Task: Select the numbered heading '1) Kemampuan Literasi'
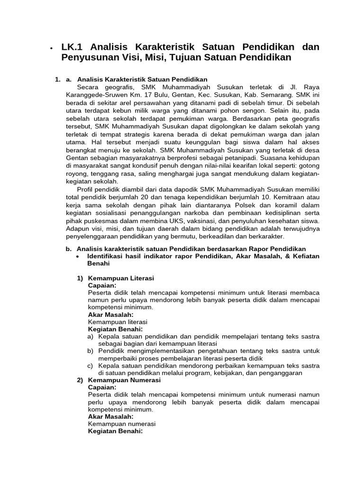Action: tap(115, 278)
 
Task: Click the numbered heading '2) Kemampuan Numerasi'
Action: tap(118, 380)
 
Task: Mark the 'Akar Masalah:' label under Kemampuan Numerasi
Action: tap(111, 416)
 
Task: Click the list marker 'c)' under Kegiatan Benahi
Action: tap(90, 366)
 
